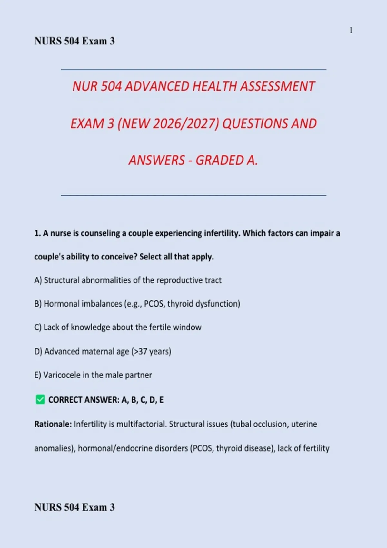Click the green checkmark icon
pyautogui.click(x=40, y=400)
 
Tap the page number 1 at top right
pyautogui.click(x=351, y=30)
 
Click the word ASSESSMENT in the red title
pyautogui.click(x=277, y=86)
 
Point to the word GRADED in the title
pyautogui.click(x=219, y=160)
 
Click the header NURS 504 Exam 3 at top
pyautogui.click(x=74, y=41)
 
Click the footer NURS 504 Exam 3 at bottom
pyautogui.click(x=74, y=507)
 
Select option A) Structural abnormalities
pyautogui.click(x=128, y=280)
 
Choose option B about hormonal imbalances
pyautogui.click(x=137, y=304)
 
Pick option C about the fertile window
pyautogui.click(x=118, y=327)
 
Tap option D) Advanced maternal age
pyautogui.click(x=103, y=351)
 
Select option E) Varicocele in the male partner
pyautogui.click(x=93, y=375)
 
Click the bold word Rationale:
pyautogui.click(x=53, y=424)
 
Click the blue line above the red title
pyautogui.click(x=193, y=69)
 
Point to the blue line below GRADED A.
pyautogui.click(x=193, y=195)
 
